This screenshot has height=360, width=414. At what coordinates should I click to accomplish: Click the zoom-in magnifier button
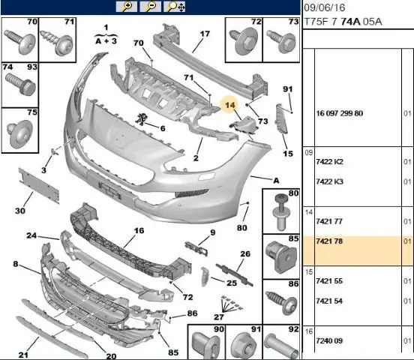click(126, 6)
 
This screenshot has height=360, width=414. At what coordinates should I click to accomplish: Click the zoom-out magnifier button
click(150, 6)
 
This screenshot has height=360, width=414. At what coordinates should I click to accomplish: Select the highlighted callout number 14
click(229, 105)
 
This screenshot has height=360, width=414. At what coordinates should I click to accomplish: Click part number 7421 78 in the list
click(329, 241)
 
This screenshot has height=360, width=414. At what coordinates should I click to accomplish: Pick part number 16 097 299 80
click(340, 113)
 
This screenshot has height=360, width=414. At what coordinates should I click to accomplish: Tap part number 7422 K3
click(329, 181)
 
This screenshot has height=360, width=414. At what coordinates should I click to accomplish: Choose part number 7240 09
click(329, 340)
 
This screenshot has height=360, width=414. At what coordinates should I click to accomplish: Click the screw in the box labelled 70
click(20, 41)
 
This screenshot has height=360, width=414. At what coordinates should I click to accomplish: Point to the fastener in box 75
click(19, 133)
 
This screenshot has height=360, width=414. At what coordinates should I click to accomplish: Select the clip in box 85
click(280, 256)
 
